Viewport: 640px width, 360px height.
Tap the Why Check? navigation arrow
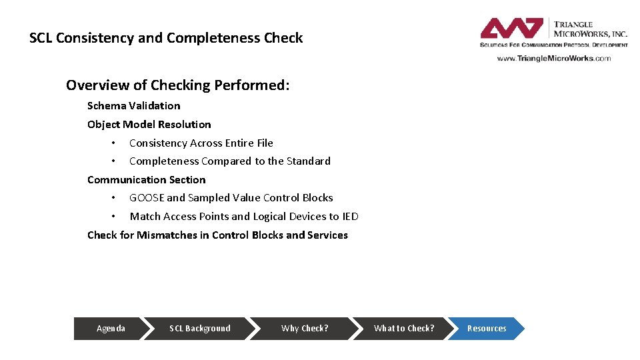[x=305, y=328]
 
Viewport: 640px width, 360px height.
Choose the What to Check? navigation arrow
[x=403, y=328]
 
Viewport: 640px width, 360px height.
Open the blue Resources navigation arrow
[x=486, y=328]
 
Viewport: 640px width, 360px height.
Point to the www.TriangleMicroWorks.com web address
[x=553, y=58]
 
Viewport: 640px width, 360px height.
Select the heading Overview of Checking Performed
[x=178, y=85]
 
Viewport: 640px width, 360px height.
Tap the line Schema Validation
[x=133, y=105]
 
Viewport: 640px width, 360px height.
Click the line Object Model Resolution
[x=149, y=124]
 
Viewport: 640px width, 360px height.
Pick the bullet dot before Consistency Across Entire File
[x=114, y=143]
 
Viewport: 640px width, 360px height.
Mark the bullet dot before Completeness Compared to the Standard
[x=114, y=161]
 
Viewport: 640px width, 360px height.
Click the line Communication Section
[x=146, y=179]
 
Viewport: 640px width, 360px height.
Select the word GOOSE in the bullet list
[x=147, y=198]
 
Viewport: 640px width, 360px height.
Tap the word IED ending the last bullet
[x=350, y=216]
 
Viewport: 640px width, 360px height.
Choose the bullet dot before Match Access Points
[x=114, y=217]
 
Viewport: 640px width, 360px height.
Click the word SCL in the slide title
[x=41, y=38]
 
